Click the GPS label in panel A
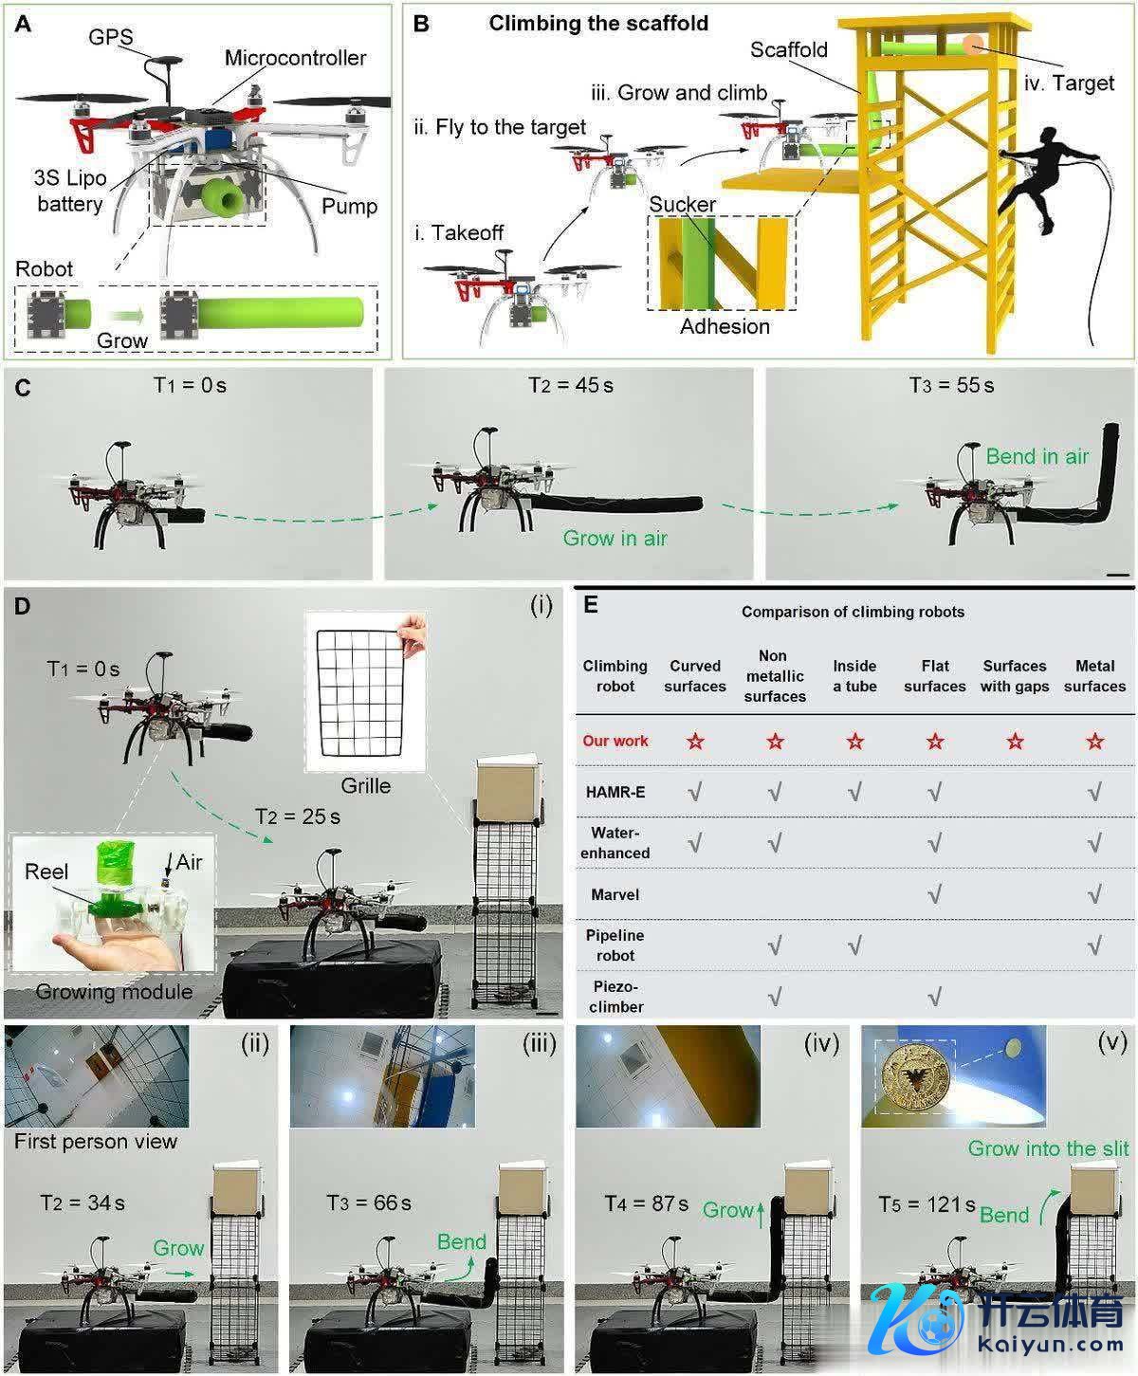[x=111, y=37]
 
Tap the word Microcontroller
[x=295, y=58]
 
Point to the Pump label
[x=349, y=207]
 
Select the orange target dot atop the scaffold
[x=973, y=45]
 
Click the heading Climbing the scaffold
[x=598, y=24]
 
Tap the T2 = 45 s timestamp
[x=571, y=386]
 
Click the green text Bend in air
[x=1037, y=456]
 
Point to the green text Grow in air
[x=615, y=539]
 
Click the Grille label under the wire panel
[x=366, y=785]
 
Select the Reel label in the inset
[x=46, y=871]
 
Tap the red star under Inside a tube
[x=855, y=742]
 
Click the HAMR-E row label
[x=615, y=792]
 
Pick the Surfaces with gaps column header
[x=1015, y=676]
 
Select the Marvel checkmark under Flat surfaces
[x=934, y=894]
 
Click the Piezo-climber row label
[x=615, y=997]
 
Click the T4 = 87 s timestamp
[x=647, y=1204]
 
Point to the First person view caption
[x=96, y=1142]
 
